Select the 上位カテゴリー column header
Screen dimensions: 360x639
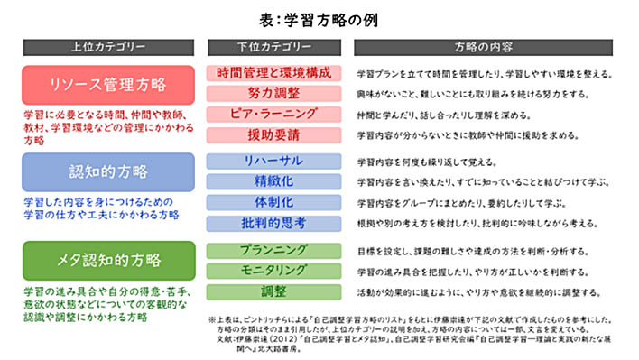(106, 47)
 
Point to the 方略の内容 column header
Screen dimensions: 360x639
(487, 47)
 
